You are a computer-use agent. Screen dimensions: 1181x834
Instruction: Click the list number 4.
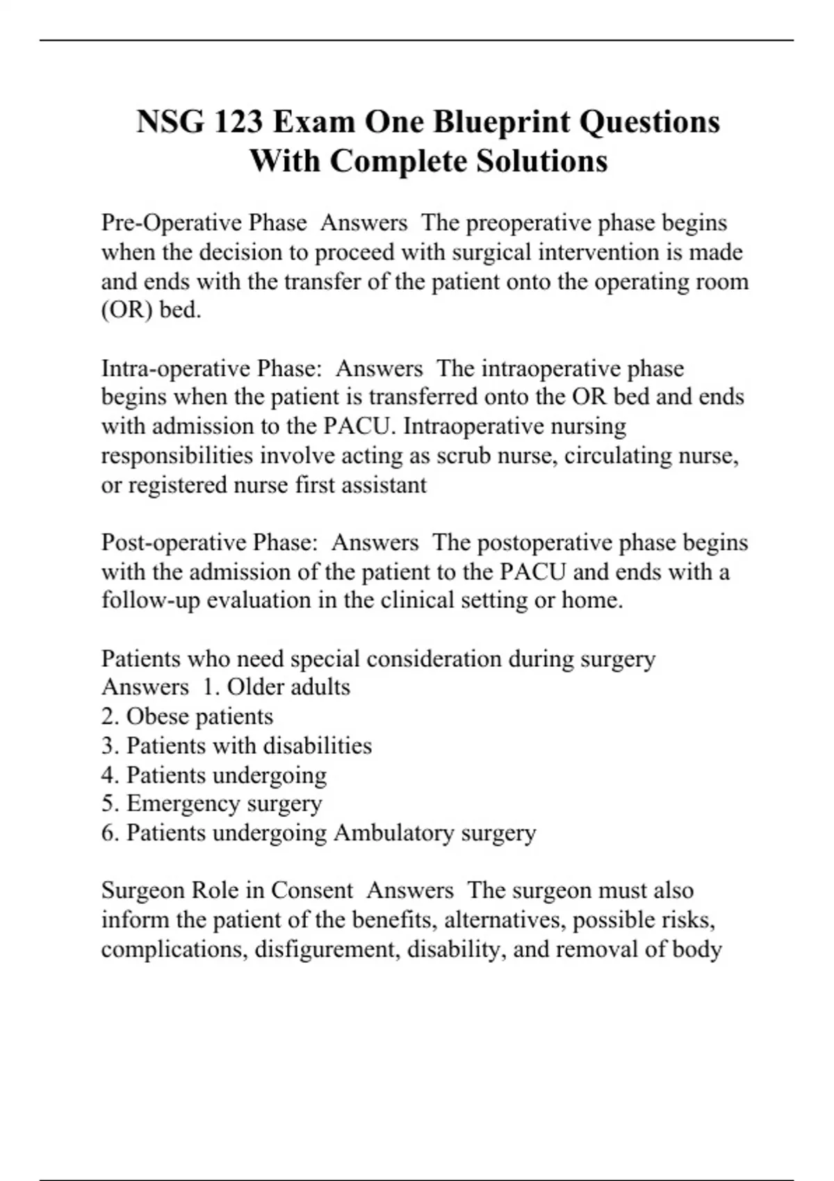click(x=109, y=775)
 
